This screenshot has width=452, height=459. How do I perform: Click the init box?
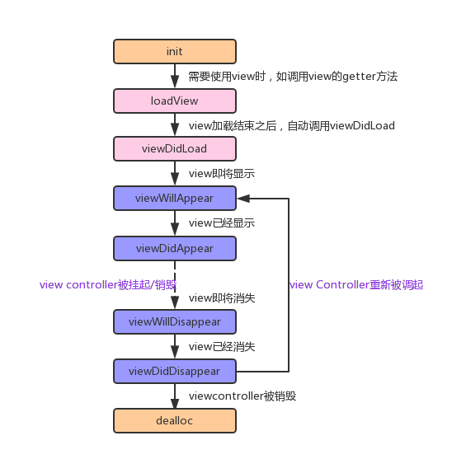pyautogui.click(x=174, y=51)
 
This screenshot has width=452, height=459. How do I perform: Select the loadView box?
pyautogui.click(x=174, y=101)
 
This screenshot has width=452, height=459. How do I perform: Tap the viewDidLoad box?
pyautogui.click(x=174, y=149)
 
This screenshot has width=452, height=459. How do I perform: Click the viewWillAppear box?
pyautogui.click(x=174, y=198)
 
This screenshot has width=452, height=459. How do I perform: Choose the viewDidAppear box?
pyautogui.click(x=174, y=248)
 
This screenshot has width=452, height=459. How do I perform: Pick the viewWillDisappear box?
pyautogui.click(x=174, y=321)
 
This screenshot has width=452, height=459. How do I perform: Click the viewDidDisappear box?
pyautogui.click(x=174, y=371)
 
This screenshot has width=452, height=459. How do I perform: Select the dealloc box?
pyautogui.click(x=174, y=420)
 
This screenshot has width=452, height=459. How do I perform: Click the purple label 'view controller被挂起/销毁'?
pyautogui.click(x=108, y=284)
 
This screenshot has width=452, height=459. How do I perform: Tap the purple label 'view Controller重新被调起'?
pyautogui.click(x=356, y=284)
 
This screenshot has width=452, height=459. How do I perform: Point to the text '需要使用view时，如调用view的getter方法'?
pyautogui.click(x=293, y=76)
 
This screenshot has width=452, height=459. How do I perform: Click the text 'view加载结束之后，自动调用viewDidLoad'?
pyautogui.click(x=291, y=126)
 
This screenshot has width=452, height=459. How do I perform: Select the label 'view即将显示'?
pyautogui.click(x=221, y=174)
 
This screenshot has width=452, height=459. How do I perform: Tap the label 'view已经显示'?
pyautogui.click(x=221, y=223)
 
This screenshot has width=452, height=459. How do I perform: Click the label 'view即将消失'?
pyautogui.click(x=221, y=297)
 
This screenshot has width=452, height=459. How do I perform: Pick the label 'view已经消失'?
pyautogui.click(x=221, y=347)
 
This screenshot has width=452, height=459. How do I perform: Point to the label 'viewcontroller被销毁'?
pyautogui.click(x=242, y=396)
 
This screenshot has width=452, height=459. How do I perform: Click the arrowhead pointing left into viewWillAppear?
pyautogui.click(x=243, y=198)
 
